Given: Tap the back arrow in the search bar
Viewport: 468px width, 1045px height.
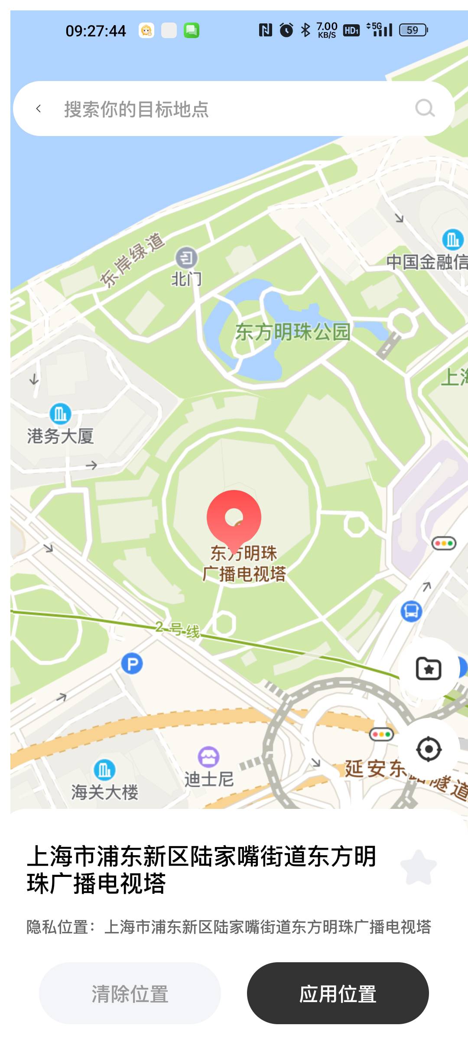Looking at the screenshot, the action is click(x=39, y=109).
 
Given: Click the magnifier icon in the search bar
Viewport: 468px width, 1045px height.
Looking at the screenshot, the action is click(x=425, y=108).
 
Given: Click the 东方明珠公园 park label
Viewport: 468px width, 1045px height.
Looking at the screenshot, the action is click(x=292, y=332).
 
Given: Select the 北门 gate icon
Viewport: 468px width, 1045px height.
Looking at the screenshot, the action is click(x=186, y=259).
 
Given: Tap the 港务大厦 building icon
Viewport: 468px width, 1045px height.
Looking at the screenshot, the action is click(x=60, y=414).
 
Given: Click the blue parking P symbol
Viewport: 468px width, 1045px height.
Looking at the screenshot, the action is click(x=132, y=663).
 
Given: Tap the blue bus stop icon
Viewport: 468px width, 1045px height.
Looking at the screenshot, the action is click(x=411, y=611).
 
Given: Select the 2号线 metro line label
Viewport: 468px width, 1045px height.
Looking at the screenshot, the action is click(x=178, y=629).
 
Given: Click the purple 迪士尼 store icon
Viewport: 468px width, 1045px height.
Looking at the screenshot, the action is click(x=208, y=757).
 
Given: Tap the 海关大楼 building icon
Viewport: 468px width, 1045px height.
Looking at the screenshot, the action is click(x=104, y=770).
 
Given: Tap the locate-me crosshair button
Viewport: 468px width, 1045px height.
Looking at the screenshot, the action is click(x=429, y=749).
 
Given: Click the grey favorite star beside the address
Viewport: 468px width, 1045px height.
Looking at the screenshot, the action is click(x=418, y=867).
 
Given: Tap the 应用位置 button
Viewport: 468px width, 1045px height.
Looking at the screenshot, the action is click(x=338, y=993).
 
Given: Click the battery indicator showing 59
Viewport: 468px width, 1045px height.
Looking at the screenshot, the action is click(x=413, y=30).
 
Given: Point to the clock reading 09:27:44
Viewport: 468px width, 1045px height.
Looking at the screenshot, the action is click(x=96, y=31).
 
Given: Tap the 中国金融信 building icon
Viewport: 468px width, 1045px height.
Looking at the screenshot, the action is click(x=453, y=239).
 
